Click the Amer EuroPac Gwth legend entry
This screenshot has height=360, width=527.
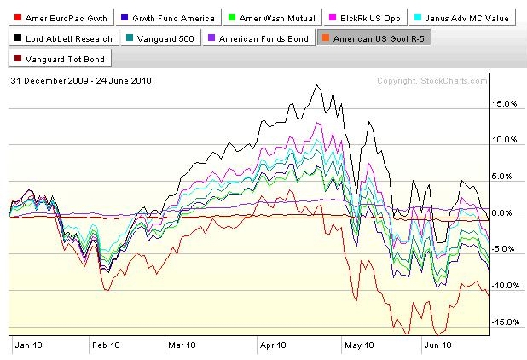(61, 18)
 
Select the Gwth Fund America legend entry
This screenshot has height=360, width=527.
(168, 18)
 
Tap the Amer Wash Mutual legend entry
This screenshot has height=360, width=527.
(272, 18)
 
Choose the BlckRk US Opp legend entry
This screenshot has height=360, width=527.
(365, 18)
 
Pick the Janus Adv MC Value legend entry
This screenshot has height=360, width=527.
(462, 18)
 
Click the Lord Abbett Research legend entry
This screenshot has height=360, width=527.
(64, 38)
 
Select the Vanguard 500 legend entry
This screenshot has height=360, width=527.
(161, 38)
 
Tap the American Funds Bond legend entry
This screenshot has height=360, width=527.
(258, 38)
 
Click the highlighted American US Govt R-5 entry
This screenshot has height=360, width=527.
(374, 38)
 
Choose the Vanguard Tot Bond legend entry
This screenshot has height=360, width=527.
(61, 59)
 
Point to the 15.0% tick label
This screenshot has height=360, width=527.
(504, 103)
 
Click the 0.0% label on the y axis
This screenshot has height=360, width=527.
(501, 212)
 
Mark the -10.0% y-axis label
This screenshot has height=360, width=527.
(506, 286)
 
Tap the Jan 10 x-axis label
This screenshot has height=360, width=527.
(29, 345)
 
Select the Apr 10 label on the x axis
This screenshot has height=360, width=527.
(273, 345)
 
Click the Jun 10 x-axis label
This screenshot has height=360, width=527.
(438, 345)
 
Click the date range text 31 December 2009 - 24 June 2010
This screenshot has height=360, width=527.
(81, 81)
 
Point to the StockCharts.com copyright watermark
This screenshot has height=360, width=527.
(431, 81)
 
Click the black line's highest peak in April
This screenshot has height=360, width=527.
(316, 85)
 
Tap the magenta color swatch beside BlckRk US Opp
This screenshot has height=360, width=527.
(332, 17)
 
